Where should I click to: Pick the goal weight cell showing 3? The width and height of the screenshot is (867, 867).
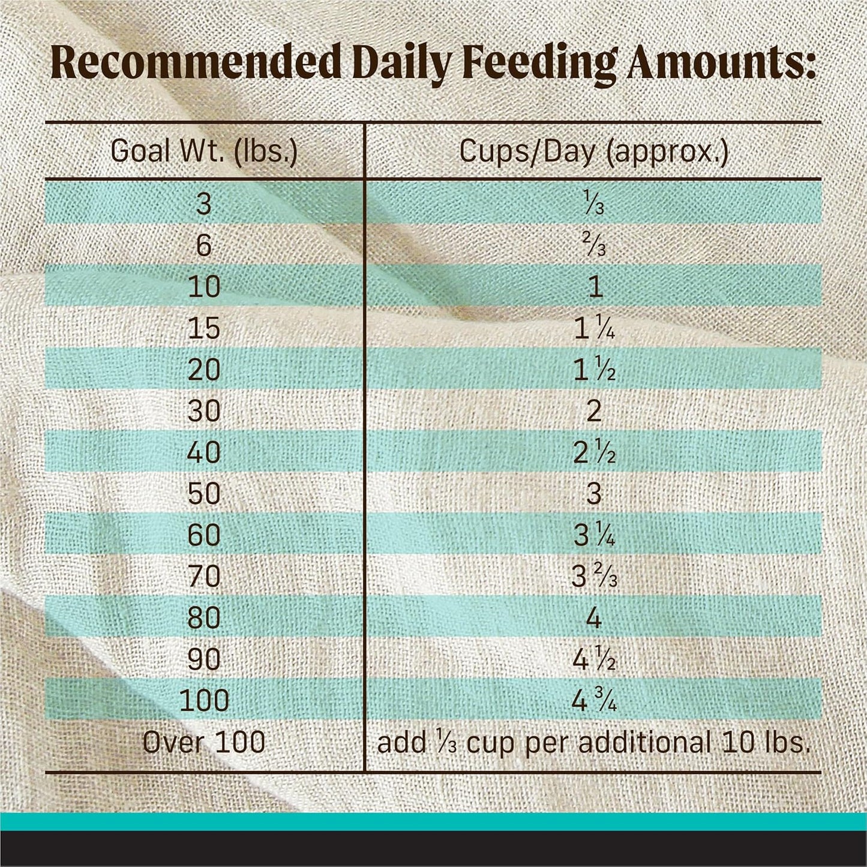[204, 205]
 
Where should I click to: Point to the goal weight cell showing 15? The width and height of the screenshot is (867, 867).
[204, 329]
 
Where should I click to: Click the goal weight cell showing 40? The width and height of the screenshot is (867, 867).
[204, 452]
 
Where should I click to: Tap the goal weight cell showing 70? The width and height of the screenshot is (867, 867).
[204, 577]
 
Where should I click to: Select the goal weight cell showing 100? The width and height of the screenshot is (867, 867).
[204, 701]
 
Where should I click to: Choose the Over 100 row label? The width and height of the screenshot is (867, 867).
[204, 742]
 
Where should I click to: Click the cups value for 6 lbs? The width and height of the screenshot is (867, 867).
[593, 246]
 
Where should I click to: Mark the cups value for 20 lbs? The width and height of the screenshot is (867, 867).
[593, 370]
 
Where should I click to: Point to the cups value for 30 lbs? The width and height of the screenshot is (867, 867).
[593, 411]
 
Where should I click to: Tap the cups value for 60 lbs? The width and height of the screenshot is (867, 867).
[593, 535]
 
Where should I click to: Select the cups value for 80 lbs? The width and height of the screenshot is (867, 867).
[593, 618]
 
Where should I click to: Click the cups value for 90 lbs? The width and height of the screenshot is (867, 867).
[593, 659]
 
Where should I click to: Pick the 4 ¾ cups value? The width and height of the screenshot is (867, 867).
[593, 701]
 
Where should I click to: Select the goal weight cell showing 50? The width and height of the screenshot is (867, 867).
[204, 494]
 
